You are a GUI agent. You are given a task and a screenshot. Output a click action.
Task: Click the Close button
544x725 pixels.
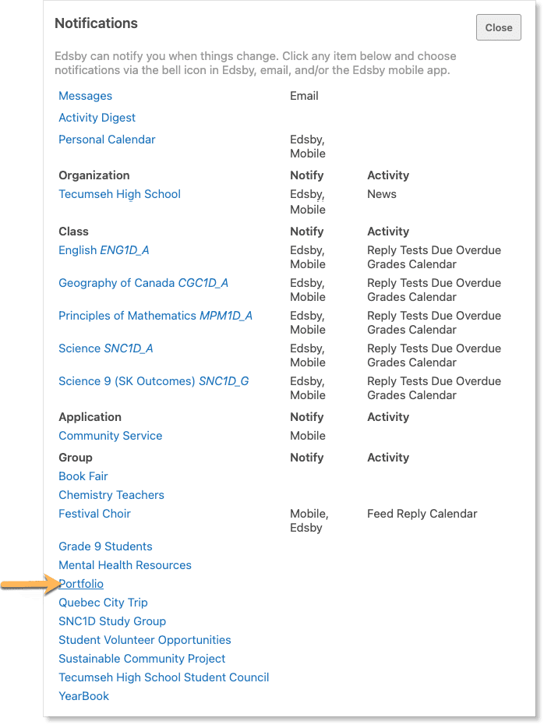498,27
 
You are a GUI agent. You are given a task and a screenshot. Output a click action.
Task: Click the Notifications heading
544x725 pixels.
96,23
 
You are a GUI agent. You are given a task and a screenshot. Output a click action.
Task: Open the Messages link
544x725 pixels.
85,96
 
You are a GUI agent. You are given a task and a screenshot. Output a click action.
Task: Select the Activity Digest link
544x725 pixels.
97,118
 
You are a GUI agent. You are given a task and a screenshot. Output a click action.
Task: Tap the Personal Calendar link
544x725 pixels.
107,140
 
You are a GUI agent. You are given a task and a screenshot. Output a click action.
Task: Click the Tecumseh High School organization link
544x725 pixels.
119,194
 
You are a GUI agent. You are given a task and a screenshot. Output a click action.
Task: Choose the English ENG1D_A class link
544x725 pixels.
104,250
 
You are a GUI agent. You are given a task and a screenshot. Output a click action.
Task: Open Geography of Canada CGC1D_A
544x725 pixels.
143,283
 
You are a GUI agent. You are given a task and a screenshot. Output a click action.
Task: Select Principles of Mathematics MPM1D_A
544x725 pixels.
155,316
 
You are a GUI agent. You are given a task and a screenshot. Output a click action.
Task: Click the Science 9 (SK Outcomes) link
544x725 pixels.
154,381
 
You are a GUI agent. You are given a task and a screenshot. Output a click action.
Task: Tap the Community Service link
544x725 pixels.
110,436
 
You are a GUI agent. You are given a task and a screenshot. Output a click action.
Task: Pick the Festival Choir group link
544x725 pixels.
94,514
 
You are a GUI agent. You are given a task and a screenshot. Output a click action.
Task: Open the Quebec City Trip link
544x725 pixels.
103,603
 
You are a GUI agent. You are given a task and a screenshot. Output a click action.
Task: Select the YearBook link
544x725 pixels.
83,696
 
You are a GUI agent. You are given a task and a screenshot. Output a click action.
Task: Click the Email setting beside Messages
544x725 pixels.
304,96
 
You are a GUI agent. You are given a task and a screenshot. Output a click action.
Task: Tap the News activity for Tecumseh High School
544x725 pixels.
382,194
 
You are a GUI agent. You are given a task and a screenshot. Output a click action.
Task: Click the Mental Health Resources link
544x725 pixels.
125,565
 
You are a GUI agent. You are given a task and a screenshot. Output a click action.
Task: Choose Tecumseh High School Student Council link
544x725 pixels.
164,677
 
